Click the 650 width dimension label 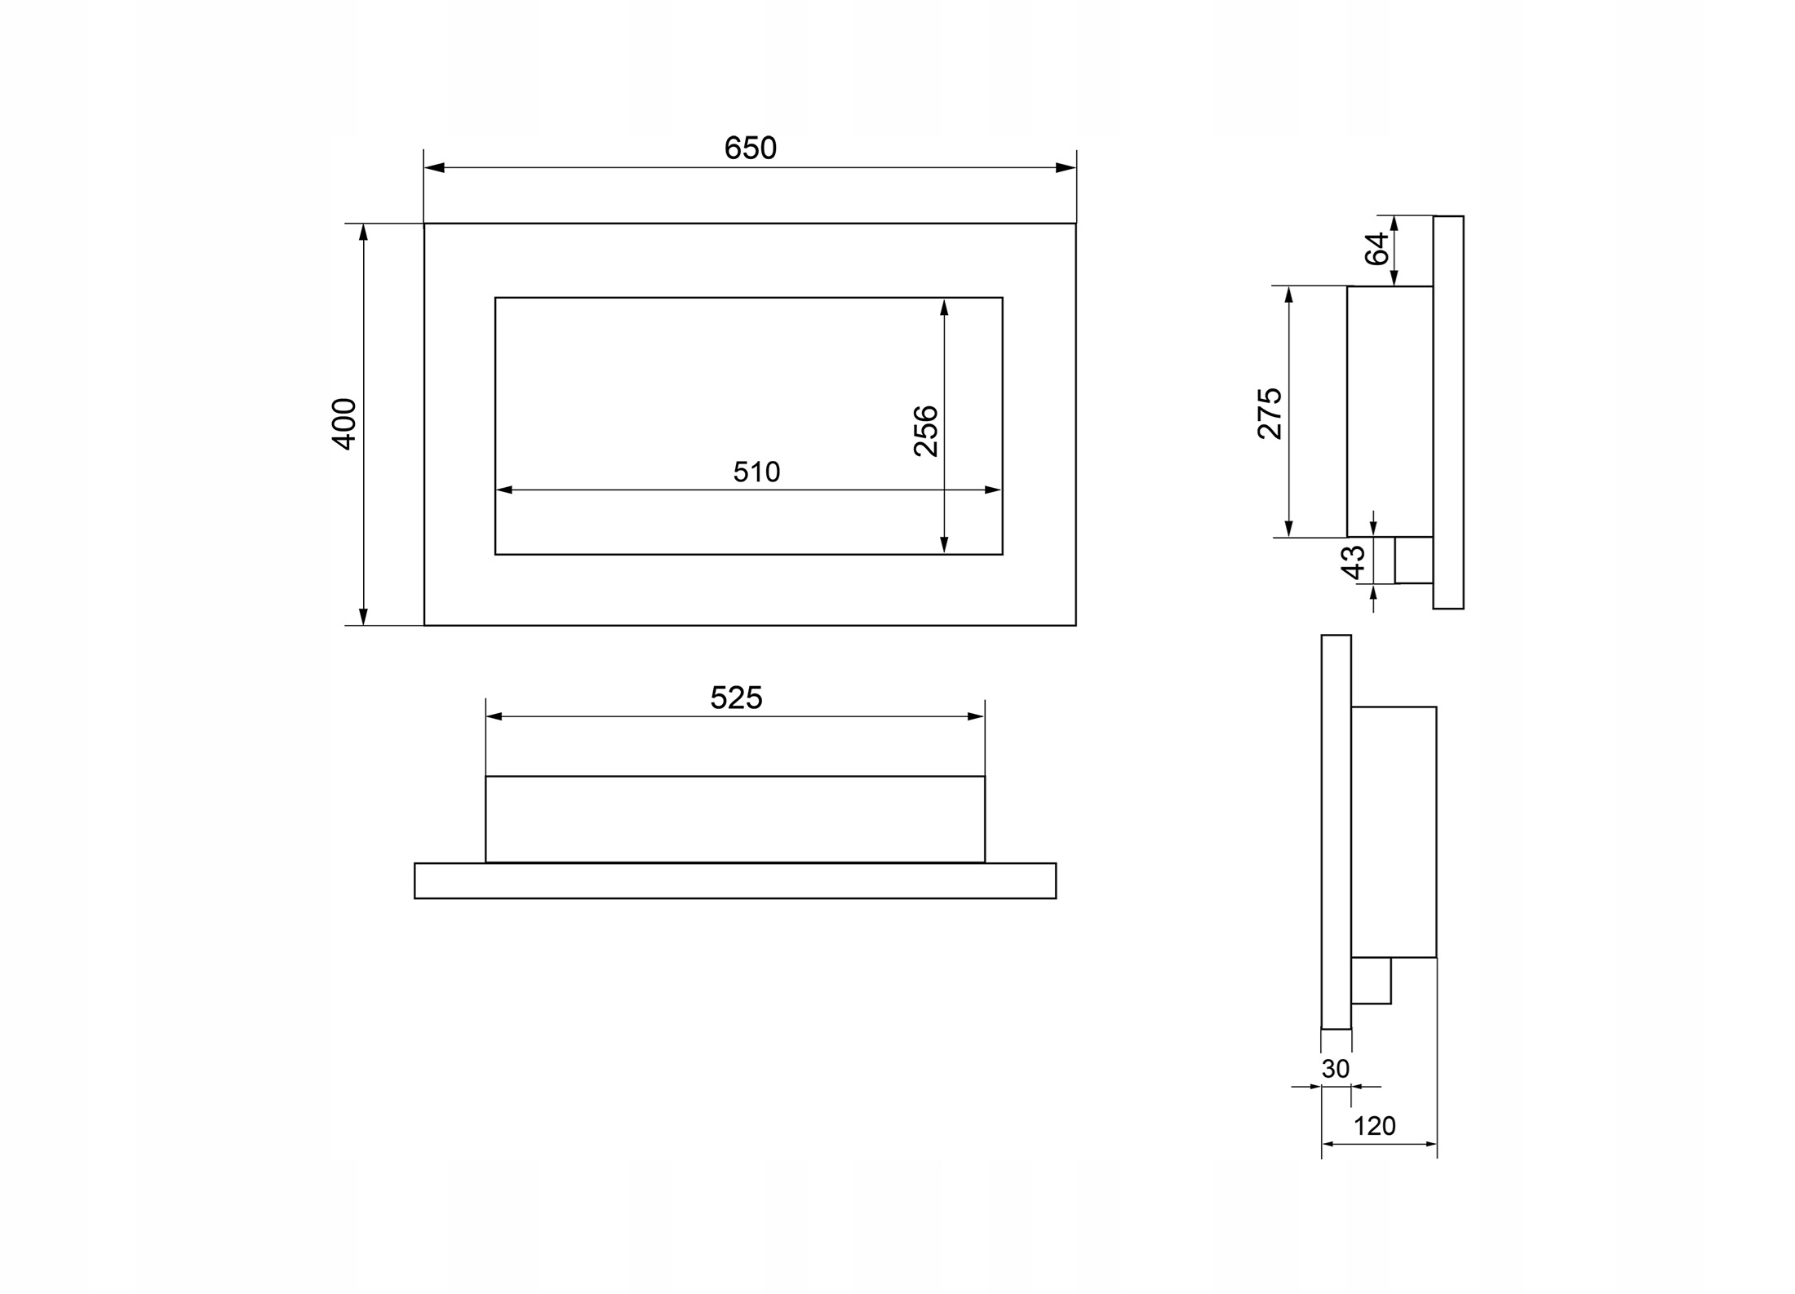[x=750, y=148]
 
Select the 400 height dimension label [x=344, y=423]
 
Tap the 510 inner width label [x=756, y=472]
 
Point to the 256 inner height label [x=926, y=430]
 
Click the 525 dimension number [x=736, y=698]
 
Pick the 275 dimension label [x=1270, y=413]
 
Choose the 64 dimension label [x=1377, y=249]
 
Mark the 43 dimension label [x=1354, y=562]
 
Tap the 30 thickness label [x=1336, y=1068]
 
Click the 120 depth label [x=1375, y=1126]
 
